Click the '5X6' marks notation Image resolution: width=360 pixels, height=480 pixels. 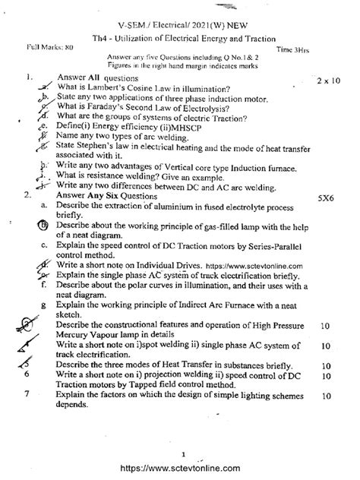329,195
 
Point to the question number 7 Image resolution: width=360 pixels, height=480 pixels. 27,395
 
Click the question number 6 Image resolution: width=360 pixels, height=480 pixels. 27,375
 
